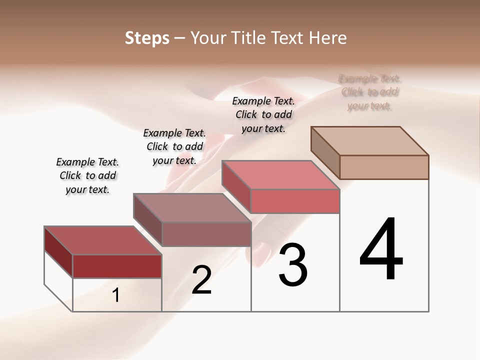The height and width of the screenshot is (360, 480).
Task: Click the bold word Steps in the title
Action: [x=147, y=38]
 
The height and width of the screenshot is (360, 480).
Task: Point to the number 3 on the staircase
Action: [x=293, y=264]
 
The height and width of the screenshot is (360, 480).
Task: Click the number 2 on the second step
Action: [x=202, y=280]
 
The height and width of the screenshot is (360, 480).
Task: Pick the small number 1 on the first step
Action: [x=116, y=295]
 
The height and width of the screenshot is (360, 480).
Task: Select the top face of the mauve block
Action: [x=192, y=207]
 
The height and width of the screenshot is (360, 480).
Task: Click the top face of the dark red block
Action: [x=102, y=240]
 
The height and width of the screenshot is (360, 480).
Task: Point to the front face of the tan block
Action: [x=384, y=167]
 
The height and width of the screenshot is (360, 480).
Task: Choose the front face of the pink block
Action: [x=295, y=201]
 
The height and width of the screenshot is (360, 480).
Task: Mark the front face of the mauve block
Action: [x=206, y=234]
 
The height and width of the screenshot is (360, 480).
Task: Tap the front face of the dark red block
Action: [x=117, y=266]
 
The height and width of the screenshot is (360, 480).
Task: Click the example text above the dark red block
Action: [x=87, y=175]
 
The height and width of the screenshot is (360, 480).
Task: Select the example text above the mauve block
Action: [x=174, y=146]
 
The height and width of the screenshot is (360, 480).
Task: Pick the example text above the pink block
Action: [x=263, y=114]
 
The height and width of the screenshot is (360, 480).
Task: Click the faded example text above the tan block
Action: [x=370, y=92]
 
